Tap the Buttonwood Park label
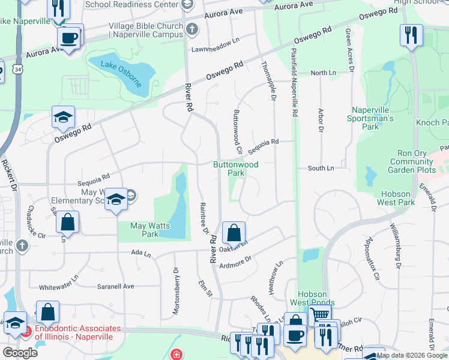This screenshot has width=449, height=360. [x=236, y=169]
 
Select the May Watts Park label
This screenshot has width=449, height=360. [x=150, y=230]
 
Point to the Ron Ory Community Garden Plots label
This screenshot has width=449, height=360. [x=411, y=162]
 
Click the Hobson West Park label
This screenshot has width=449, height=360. [x=396, y=198]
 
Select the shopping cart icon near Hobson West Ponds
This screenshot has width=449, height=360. [x=320, y=314]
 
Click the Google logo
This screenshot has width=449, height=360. [x=20, y=352]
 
